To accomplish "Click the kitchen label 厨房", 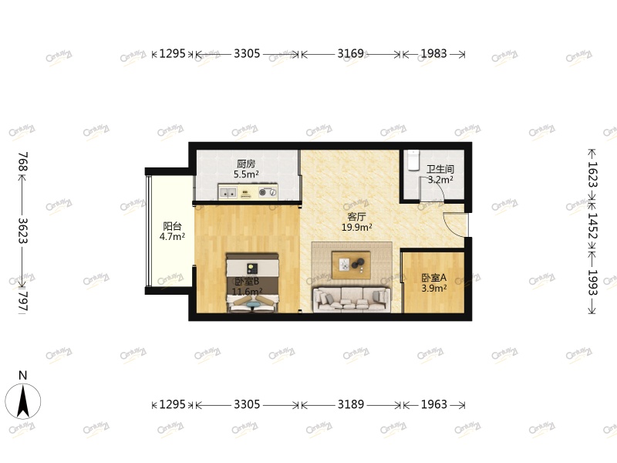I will pyautogui.click(x=246, y=164).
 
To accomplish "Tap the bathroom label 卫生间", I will pyautogui.click(x=440, y=169).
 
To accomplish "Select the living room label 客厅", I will pyautogui.click(x=356, y=217).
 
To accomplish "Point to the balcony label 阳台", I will pyautogui.click(x=172, y=226).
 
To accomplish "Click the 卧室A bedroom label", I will pyautogui.click(x=434, y=278).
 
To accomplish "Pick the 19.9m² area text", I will pyautogui.click(x=357, y=228).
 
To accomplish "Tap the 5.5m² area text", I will pyautogui.click(x=246, y=174).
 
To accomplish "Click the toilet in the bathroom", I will pyautogui.click(x=413, y=157).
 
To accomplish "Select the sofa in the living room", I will pyautogui.click(x=351, y=299).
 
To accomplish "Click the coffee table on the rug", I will pyautogui.click(x=352, y=264).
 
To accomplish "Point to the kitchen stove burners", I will pyautogui.click(x=268, y=191).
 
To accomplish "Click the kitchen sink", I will pyautogui.click(x=228, y=191).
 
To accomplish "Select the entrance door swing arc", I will pyautogui.click(x=455, y=224).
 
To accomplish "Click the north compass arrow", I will pyautogui.click(x=23, y=400).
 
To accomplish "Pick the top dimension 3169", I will pyautogui.click(x=350, y=54).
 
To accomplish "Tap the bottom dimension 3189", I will pyautogui.click(x=350, y=404).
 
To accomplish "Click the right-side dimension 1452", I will pyautogui.click(x=592, y=228).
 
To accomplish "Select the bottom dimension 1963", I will pyautogui.click(x=434, y=404).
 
